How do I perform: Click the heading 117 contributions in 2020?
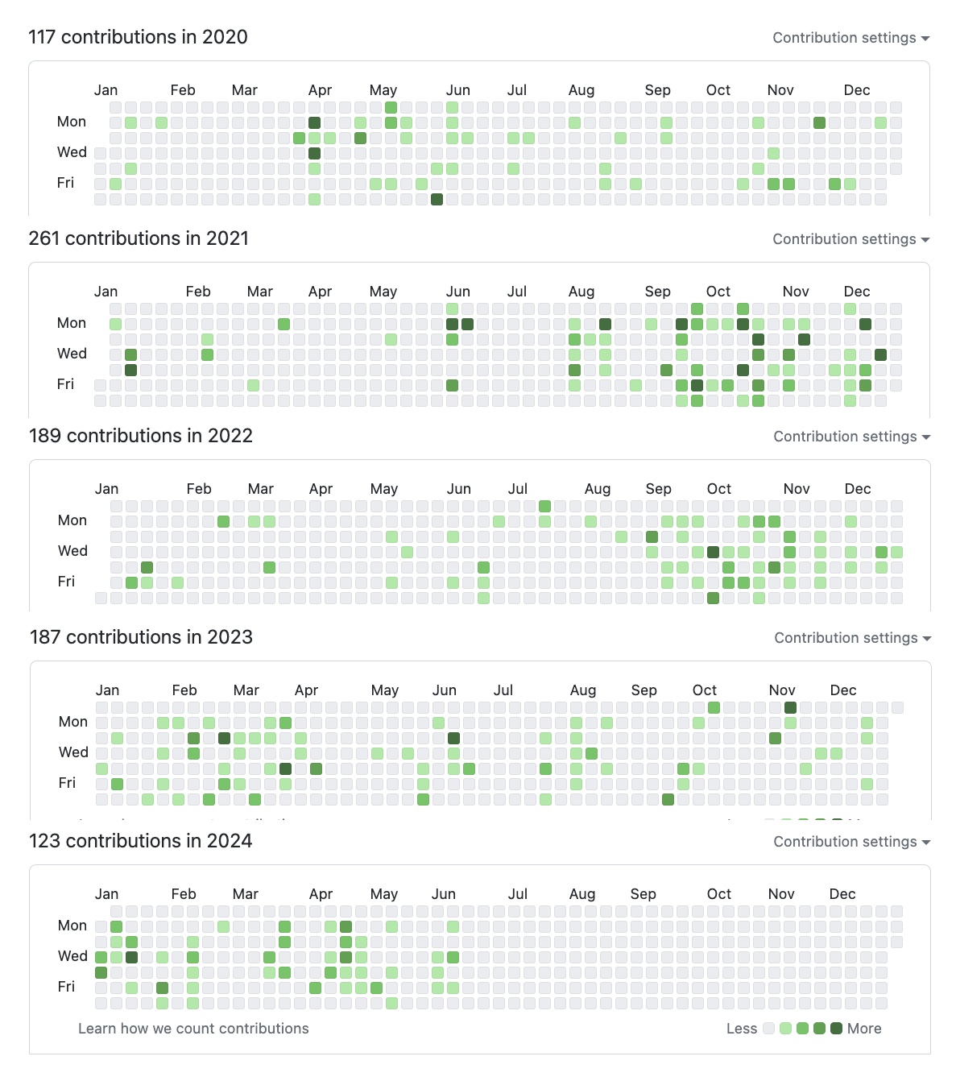click(138, 37)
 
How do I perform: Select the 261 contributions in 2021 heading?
click(139, 238)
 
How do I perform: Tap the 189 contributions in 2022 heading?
click(141, 436)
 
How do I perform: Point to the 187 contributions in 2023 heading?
click(141, 637)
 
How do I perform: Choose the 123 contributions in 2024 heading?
click(141, 841)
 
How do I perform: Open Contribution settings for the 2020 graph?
click(850, 38)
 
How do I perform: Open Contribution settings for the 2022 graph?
click(851, 437)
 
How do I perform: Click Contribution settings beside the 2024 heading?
click(851, 842)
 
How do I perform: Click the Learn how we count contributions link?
click(193, 1029)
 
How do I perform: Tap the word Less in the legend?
click(741, 1029)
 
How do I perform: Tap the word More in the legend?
click(864, 1029)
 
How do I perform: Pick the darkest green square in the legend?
click(836, 1029)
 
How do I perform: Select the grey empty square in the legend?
click(768, 1029)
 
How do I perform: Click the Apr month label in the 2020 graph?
click(320, 90)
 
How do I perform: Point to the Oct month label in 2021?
click(718, 292)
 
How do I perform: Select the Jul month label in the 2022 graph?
click(518, 489)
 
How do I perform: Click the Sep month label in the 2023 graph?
click(644, 690)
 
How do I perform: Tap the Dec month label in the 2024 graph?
click(842, 894)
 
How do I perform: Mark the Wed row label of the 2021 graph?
click(72, 354)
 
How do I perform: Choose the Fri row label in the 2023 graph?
click(67, 783)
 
